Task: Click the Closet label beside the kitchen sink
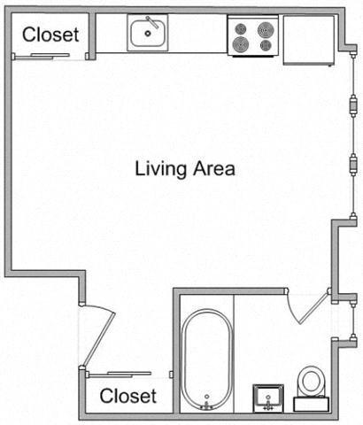pyautogui.click(x=50, y=35)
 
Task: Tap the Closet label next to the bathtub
pyautogui.click(x=127, y=396)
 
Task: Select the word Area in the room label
pyautogui.click(x=213, y=168)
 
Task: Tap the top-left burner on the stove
pyautogui.click(x=241, y=27)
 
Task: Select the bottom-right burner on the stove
pyautogui.click(x=264, y=45)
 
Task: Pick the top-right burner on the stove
pyautogui.click(x=264, y=27)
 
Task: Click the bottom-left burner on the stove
pyautogui.click(x=241, y=45)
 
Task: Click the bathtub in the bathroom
pyautogui.click(x=206, y=354)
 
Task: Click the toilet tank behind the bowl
pyautogui.click(x=311, y=405)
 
